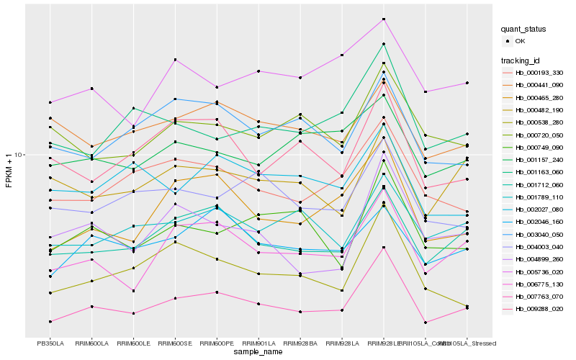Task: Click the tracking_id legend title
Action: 521,60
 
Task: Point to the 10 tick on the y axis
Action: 19,155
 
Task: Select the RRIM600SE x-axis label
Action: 175,343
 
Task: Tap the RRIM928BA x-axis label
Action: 300,343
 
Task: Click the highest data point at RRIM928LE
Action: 384,19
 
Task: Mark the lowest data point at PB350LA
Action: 50,321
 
